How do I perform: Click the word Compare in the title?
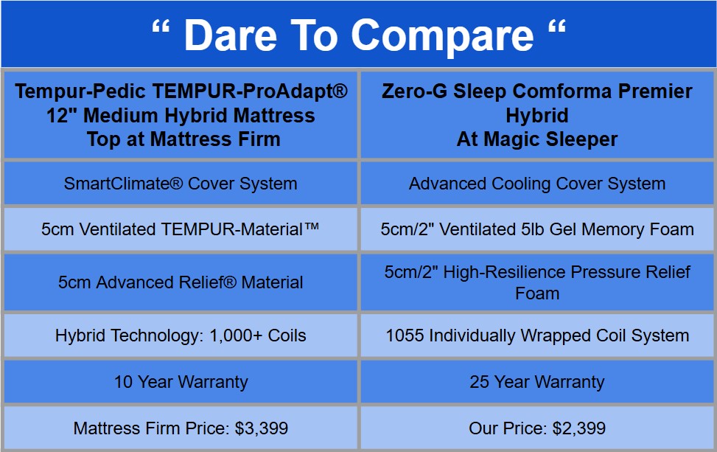(x=440, y=35)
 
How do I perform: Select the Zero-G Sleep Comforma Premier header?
(x=537, y=92)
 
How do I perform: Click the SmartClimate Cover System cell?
(x=181, y=184)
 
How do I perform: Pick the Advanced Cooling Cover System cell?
(x=537, y=184)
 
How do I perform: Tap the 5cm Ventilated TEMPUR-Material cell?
(x=181, y=229)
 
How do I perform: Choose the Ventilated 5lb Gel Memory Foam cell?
(x=537, y=229)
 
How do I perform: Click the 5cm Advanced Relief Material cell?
(x=181, y=282)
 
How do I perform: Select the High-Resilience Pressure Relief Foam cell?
(x=537, y=282)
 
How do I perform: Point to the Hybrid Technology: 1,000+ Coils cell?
(x=181, y=336)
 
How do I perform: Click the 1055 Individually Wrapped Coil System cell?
(x=537, y=336)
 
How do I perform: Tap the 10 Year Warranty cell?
(x=181, y=382)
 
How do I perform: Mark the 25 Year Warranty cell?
(x=537, y=382)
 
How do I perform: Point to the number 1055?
(x=404, y=336)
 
